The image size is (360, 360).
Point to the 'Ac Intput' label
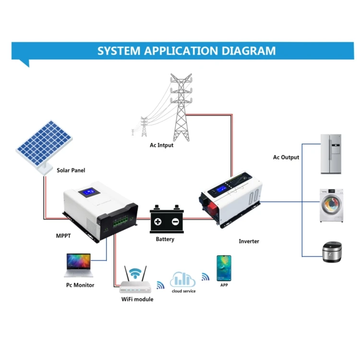161,145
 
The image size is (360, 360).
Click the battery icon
166,220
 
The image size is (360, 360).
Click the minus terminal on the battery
174,222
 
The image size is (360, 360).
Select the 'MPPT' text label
63,236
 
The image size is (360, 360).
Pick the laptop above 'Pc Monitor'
77,265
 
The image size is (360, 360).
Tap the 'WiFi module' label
137,299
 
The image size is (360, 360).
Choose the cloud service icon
182,279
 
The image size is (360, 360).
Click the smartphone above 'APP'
223,268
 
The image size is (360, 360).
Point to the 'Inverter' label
249,241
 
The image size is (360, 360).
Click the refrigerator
332,154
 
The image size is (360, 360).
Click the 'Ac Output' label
286,157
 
